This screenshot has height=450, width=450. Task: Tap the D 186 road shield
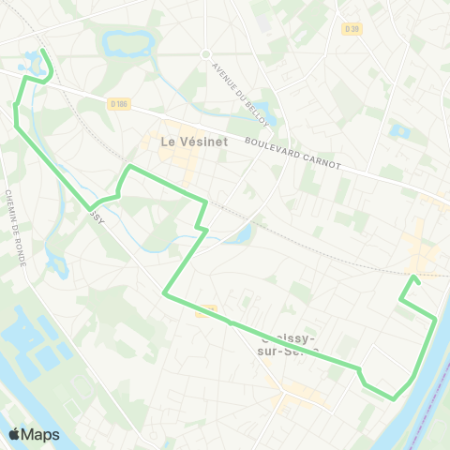(118, 103)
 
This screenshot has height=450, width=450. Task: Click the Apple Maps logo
(34, 434)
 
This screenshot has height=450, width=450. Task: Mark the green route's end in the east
(414, 277)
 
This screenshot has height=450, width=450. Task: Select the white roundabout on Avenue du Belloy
(205, 53)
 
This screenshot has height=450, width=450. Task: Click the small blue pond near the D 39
(400, 131)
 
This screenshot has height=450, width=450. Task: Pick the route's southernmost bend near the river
(394, 397)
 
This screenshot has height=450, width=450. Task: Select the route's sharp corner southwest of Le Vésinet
(166, 294)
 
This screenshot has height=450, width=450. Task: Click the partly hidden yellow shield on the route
(208, 310)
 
